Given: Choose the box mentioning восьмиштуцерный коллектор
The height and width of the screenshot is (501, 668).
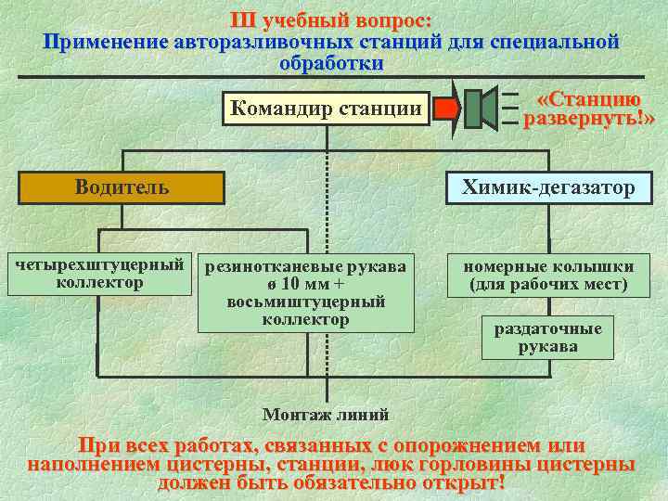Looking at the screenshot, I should (x=305, y=292).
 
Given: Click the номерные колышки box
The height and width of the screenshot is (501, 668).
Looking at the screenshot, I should (x=548, y=274).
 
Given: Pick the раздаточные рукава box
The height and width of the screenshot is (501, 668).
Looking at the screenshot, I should (x=547, y=338).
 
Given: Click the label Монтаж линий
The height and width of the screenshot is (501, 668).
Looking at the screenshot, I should (x=326, y=414).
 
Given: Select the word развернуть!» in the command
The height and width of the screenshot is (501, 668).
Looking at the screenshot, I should (x=589, y=120).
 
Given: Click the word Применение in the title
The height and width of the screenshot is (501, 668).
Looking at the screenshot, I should (x=106, y=42).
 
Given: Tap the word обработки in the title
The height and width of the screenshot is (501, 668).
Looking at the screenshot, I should (x=330, y=63).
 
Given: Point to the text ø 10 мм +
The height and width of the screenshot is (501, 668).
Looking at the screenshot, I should (x=305, y=284).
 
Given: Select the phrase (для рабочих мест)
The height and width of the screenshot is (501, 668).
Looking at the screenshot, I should (x=548, y=284).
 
